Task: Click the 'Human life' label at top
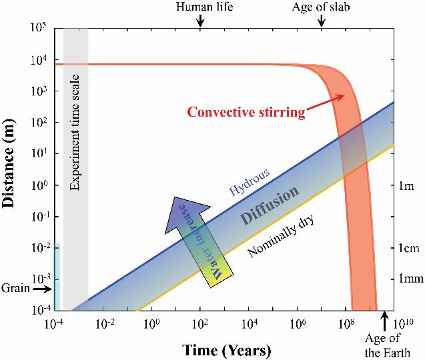click(200, 8)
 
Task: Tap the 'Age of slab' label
click(322, 8)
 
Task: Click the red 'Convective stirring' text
click(246, 112)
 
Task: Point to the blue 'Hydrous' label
click(250, 182)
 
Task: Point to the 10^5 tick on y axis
click(37, 29)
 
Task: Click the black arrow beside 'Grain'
click(41, 289)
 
